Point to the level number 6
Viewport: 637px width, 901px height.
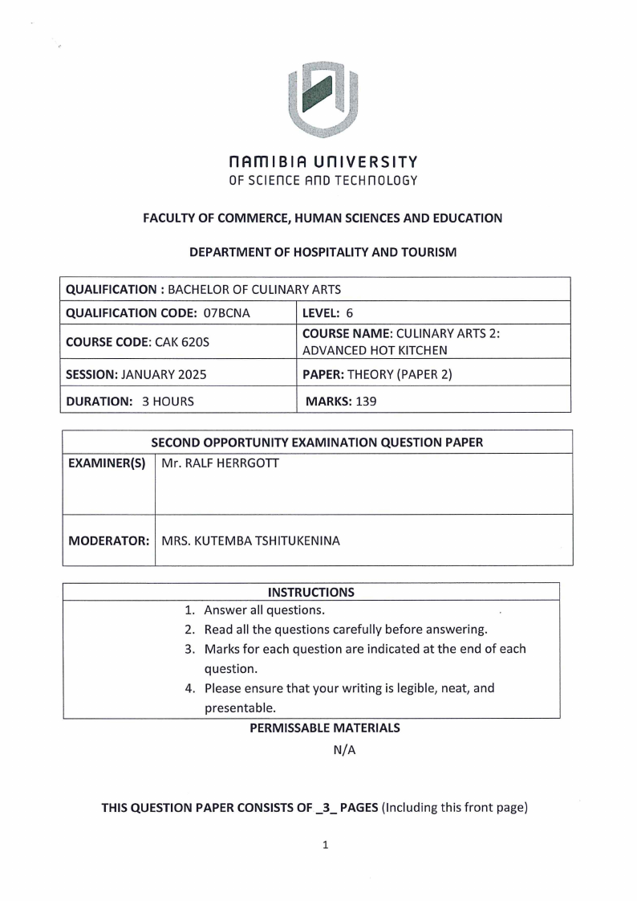click(x=349, y=312)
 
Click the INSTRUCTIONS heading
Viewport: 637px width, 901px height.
click(x=310, y=593)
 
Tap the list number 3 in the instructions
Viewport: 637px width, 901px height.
click(x=189, y=649)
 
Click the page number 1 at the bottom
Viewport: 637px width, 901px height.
click(x=323, y=845)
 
